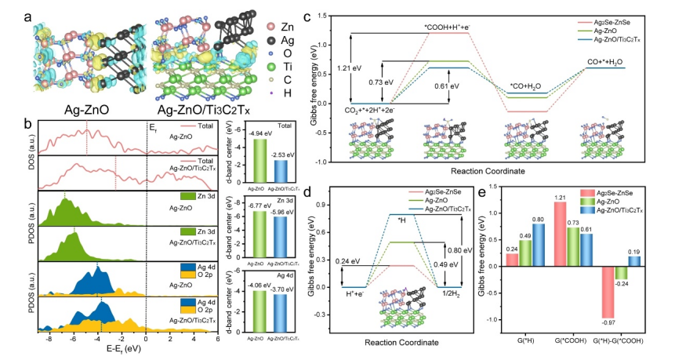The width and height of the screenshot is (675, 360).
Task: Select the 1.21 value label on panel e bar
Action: pyautogui.click(x=538, y=196)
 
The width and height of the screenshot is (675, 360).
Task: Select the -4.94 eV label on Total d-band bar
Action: pyautogui.click(x=256, y=134)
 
